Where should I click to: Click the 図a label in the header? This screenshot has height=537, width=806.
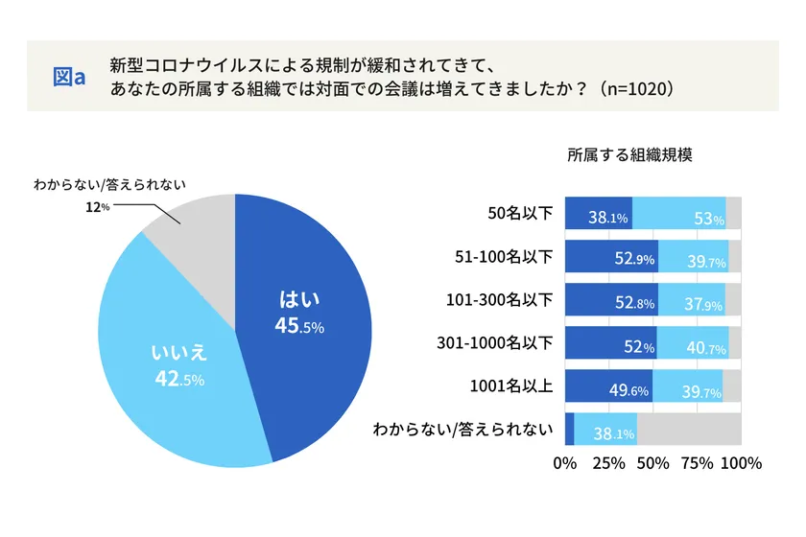[69, 76]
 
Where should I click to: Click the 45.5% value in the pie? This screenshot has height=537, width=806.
[299, 326]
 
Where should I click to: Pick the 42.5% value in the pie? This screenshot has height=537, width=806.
[179, 379]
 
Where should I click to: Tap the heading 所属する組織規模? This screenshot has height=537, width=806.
[629, 154]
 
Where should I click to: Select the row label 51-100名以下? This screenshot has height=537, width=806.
[504, 257]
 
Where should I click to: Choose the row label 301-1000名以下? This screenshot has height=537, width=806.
[495, 342]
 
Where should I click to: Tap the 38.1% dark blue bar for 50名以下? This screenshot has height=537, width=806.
[598, 213]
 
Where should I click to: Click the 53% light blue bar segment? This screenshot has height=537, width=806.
[679, 213]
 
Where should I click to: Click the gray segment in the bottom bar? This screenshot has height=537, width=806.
[689, 429]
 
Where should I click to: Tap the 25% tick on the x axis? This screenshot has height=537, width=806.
[609, 464]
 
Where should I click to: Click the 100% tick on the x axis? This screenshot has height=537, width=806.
[741, 464]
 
